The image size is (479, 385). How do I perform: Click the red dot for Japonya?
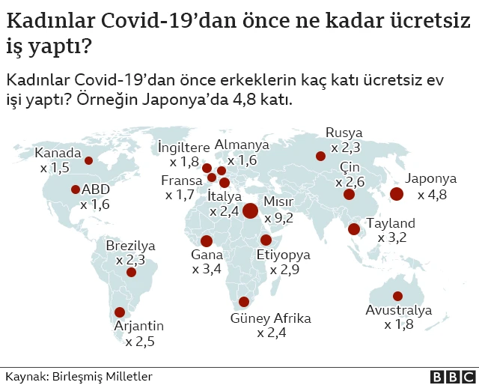397,194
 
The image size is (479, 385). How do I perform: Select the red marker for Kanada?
88,160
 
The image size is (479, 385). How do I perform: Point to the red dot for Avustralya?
397,296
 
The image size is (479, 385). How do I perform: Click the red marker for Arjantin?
119,312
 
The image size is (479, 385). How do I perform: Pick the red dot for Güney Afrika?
243,303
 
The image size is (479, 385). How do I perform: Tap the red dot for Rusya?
320,157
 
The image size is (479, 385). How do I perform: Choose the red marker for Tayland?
353,229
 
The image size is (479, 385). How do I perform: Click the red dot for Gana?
207,240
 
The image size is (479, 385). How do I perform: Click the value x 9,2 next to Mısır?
278,218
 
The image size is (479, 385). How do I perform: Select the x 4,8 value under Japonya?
432,195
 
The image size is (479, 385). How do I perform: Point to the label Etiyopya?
283,254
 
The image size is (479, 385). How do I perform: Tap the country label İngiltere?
183,145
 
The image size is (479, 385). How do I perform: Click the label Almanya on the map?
242,145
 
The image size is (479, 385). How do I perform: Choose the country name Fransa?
182,181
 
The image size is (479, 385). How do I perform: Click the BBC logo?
451,376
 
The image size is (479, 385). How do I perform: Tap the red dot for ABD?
76,190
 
